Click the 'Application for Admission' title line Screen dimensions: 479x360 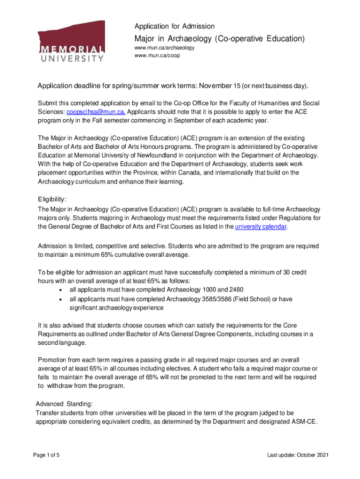(174, 26)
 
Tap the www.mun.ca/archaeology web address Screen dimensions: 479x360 (164, 48)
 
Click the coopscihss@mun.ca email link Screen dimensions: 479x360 (95, 112)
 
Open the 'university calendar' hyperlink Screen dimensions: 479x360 (261, 227)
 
